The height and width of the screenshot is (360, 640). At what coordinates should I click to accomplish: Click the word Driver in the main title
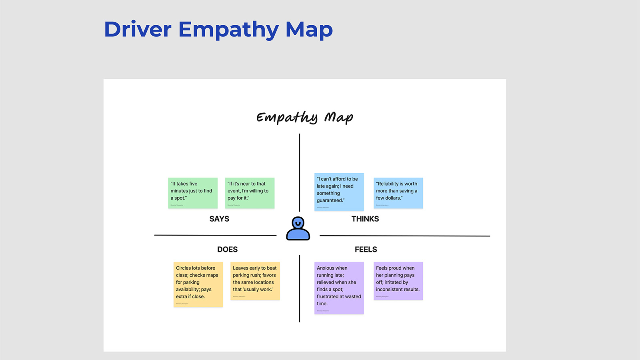tap(138, 30)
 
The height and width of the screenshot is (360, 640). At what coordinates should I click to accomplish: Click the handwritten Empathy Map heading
tap(305, 117)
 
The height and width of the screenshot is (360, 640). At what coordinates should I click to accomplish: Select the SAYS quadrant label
tap(219, 219)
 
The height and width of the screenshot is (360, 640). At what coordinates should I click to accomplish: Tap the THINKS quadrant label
tap(365, 219)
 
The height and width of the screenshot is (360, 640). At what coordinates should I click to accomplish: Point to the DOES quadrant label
tap(227, 250)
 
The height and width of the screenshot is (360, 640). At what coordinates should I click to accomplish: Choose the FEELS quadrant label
tap(366, 250)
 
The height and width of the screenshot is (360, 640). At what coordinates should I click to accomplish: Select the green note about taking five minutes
tap(193, 193)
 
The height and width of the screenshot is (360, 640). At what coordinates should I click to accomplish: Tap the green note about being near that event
tap(250, 193)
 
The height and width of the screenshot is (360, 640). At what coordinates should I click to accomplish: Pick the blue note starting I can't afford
tap(339, 192)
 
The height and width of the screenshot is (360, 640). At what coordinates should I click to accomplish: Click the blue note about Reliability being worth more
tap(398, 193)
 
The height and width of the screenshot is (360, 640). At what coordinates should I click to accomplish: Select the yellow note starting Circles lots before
tap(198, 284)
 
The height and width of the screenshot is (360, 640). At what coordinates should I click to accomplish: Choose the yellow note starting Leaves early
tap(255, 281)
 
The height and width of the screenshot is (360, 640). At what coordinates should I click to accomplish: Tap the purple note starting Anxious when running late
tap(339, 288)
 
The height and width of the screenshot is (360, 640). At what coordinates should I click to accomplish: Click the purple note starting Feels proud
tap(398, 281)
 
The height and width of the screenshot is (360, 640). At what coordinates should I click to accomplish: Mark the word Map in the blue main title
tap(309, 30)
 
